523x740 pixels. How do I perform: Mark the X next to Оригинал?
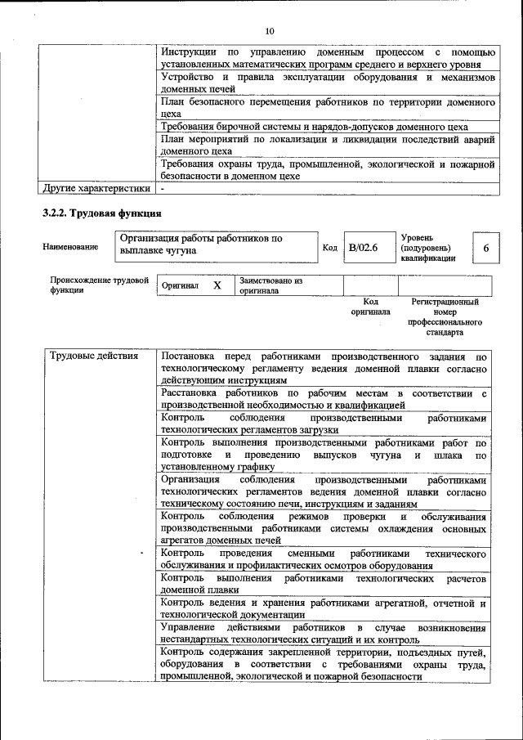(217, 286)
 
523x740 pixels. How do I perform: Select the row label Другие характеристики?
(96, 189)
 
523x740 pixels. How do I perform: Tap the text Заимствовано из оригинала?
(270, 285)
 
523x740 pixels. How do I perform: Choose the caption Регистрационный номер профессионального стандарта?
(445, 317)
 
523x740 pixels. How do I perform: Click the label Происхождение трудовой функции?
(98, 285)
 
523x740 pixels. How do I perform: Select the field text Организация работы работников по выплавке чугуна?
(201, 244)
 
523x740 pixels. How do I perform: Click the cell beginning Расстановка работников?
(324, 398)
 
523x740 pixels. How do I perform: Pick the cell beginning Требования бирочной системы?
(315, 127)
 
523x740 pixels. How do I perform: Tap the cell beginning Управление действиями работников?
(324, 633)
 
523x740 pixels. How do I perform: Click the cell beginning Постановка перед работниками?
(324, 368)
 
